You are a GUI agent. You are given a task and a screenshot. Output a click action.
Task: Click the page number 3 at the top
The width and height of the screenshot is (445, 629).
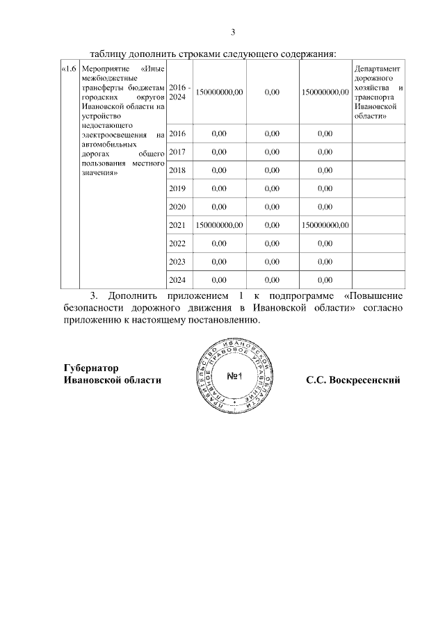233,32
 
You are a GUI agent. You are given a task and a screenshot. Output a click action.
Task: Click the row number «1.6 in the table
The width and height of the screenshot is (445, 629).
69,69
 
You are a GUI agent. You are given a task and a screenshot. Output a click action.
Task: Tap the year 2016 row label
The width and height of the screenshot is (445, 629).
178,133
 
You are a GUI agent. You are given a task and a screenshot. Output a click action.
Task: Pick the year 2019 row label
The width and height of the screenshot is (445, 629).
178,188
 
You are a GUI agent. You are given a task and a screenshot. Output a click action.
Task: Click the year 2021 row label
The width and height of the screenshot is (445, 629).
178,224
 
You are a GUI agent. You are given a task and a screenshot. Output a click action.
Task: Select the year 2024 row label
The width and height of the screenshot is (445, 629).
178,279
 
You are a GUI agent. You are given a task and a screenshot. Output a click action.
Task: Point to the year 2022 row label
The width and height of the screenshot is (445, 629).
178,243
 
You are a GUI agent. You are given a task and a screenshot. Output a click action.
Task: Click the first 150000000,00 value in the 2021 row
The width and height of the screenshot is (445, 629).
219,224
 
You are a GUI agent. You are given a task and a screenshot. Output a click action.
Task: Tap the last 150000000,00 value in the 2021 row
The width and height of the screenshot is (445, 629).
325,224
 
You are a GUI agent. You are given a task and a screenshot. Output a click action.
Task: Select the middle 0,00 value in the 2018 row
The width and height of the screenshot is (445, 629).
272,170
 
